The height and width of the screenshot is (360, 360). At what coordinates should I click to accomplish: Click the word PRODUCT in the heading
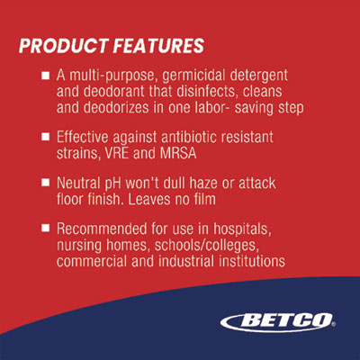point(63,46)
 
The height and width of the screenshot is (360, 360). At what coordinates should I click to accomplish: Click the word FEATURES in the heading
point(158,46)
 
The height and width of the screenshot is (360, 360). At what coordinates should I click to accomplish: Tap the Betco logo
point(278,322)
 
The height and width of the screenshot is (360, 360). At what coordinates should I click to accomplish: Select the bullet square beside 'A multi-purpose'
point(45,76)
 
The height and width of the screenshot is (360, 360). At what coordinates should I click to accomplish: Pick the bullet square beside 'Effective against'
point(45,137)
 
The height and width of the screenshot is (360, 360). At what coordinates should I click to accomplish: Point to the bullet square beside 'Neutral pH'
point(45,183)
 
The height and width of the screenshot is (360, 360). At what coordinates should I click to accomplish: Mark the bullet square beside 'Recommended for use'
point(45,228)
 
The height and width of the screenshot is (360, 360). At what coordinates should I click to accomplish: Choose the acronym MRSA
point(178,153)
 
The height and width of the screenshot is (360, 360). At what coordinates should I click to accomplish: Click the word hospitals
point(242,229)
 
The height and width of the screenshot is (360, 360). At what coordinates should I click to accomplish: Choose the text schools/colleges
point(207,246)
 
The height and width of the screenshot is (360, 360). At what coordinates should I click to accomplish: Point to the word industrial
point(186,261)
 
